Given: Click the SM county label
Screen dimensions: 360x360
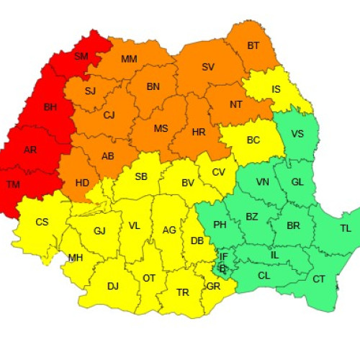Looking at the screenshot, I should (x=81, y=55).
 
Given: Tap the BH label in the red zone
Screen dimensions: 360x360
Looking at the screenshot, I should (x=50, y=107).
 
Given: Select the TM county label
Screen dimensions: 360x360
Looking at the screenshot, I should (x=13, y=184).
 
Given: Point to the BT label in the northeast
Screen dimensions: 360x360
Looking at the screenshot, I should (x=253, y=45).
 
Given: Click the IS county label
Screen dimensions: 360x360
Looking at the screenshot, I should (x=276, y=90).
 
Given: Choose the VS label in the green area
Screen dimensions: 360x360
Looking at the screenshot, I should (x=297, y=134).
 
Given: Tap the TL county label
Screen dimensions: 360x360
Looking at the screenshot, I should (x=346, y=228).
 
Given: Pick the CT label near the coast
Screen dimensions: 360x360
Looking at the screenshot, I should (x=319, y=279).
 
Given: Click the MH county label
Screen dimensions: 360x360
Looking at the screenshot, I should (x=76, y=257).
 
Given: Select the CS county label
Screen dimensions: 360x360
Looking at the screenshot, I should (x=42, y=222).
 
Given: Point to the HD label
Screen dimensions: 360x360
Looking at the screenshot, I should (x=82, y=182).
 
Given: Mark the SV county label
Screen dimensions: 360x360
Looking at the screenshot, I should (x=208, y=67).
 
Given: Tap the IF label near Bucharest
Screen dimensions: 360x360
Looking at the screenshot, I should (x=223, y=256).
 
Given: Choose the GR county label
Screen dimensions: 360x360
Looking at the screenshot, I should (x=213, y=286).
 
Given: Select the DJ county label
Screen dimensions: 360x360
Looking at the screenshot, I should (x=113, y=286).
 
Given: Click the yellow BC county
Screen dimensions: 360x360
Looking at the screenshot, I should (x=253, y=140).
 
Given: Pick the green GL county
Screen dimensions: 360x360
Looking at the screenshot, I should (x=297, y=182).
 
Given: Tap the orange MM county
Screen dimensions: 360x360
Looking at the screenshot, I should (x=130, y=59).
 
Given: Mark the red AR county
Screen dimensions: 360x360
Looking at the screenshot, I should (x=30, y=150).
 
